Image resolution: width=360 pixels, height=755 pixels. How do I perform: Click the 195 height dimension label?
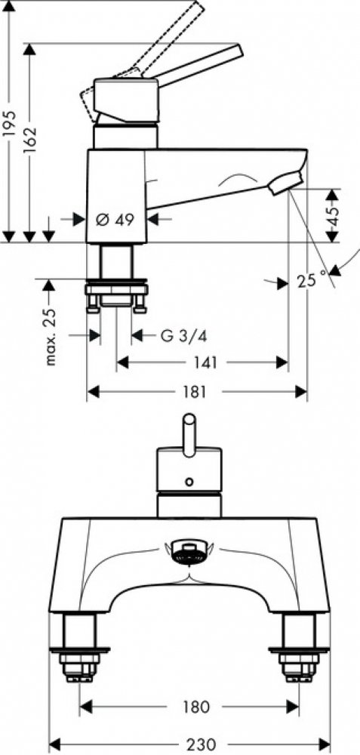10,124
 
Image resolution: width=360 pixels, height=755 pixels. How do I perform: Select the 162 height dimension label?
30,139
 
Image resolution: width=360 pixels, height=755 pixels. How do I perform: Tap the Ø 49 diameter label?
115,220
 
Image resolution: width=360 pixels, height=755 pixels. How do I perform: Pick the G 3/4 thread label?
183,336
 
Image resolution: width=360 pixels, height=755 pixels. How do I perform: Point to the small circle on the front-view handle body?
189,480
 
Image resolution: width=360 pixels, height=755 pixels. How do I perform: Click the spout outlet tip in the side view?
286,185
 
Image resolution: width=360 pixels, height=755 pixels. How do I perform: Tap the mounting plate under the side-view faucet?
116,290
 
